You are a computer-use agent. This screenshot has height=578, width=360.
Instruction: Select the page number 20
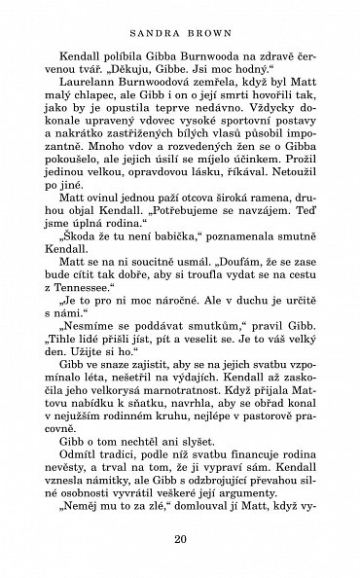click(x=180, y=542)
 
